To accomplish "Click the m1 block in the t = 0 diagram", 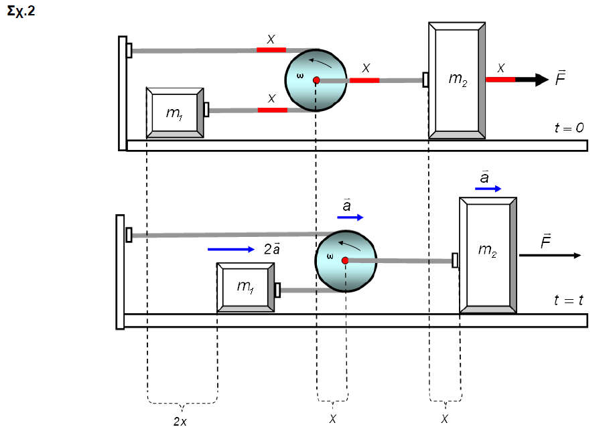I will point(175,112).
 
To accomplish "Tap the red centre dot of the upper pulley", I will point(316,80).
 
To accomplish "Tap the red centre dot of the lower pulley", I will point(345,260).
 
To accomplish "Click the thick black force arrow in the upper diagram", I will point(532,80).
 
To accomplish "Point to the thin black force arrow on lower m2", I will point(549,256).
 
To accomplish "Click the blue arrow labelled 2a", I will point(231,250).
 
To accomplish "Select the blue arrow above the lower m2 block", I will point(488,189).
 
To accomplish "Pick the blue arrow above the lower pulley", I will point(350,218).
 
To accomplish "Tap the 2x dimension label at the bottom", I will point(181,420).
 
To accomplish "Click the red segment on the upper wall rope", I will point(271,50).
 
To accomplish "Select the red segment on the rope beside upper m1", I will point(272,110).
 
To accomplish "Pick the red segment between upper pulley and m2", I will point(364,80).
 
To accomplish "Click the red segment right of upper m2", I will point(500,80).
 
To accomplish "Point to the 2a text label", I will point(271,249).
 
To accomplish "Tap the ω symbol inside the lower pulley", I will point(330,255).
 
